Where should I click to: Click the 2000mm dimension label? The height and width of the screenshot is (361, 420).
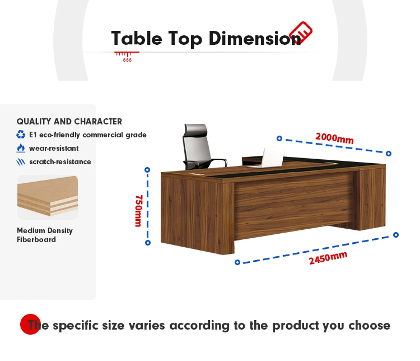click(x=334, y=138)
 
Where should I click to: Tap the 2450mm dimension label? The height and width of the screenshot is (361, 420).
click(x=328, y=258)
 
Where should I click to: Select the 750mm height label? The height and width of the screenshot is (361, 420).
click(x=138, y=211)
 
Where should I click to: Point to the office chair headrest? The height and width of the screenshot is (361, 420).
click(x=196, y=129)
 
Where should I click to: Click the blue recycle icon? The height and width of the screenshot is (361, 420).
click(x=21, y=135)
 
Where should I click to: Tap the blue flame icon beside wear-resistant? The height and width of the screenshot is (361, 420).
click(x=21, y=148)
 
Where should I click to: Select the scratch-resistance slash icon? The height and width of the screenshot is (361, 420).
click(x=21, y=162)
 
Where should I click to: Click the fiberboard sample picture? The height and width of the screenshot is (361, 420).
click(x=48, y=197)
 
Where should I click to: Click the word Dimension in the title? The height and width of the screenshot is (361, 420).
click(x=255, y=38)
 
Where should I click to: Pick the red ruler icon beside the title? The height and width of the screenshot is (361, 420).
click(x=301, y=33)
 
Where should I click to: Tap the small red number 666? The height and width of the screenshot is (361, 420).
click(x=127, y=61)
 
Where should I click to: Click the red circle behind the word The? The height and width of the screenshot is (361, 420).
click(x=30, y=324)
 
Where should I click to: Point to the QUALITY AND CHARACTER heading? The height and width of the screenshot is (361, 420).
click(x=69, y=122)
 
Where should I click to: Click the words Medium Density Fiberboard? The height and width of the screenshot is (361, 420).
click(x=44, y=235)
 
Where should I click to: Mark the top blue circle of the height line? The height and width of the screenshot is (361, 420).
click(x=147, y=170)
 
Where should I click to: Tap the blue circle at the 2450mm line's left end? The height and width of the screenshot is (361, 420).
click(x=237, y=262)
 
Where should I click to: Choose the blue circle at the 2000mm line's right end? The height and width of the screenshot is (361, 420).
click(x=389, y=154)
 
